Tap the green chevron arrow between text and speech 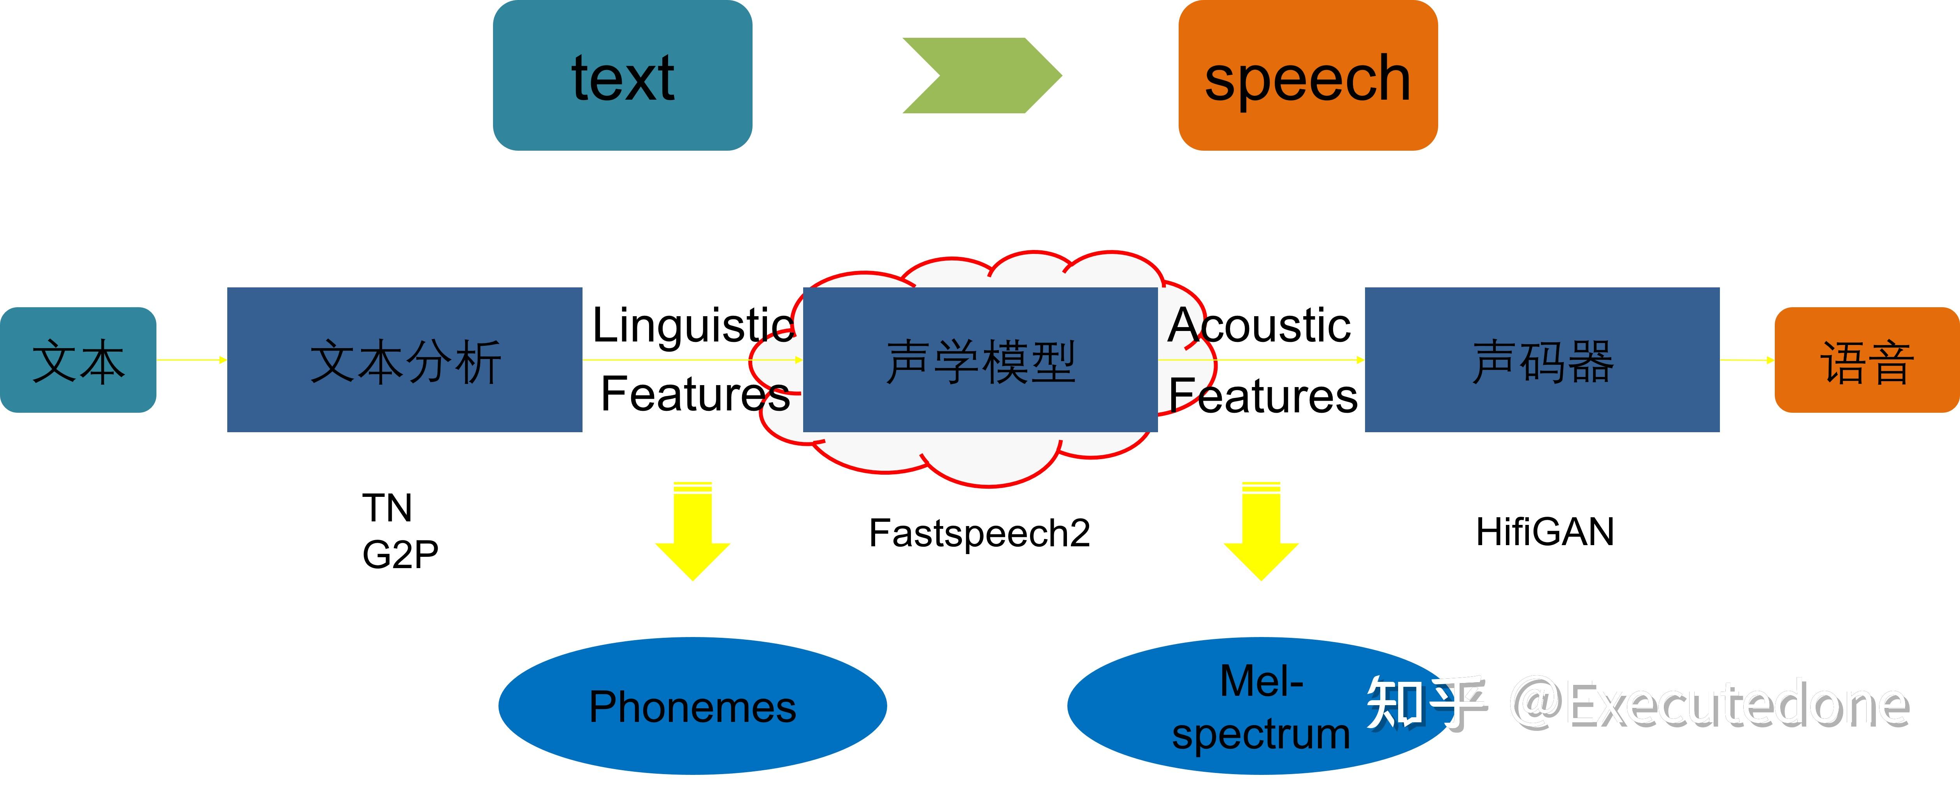pyautogui.click(x=981, y=76)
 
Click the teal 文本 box pyautogui.click(x=77, y=360)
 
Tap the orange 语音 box pyautogui.click(x=1866, y=360)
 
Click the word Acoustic pyautogui.click(x=1259, y=325)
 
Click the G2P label pyautogui.click(x=400, y=554)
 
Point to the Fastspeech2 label pyautogui.click(x=979, y=533)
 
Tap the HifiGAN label pyautogui.click(x=1544, y=532)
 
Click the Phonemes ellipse pyautogui.click(x=692, y=707)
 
